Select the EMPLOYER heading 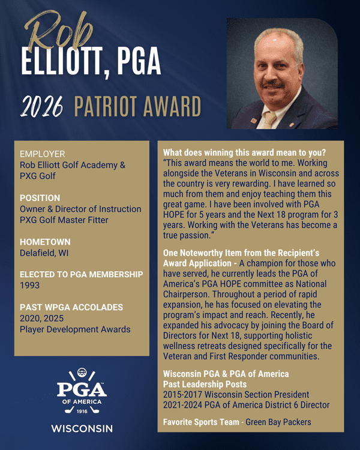(x=42, y=154)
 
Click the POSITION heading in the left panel (x=40, y=197)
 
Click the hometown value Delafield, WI (x=44, y=253)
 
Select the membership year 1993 (x=29, y=286)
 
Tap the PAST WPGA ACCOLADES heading (x=71, y=307)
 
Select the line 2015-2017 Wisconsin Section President (x=236, y=394)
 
